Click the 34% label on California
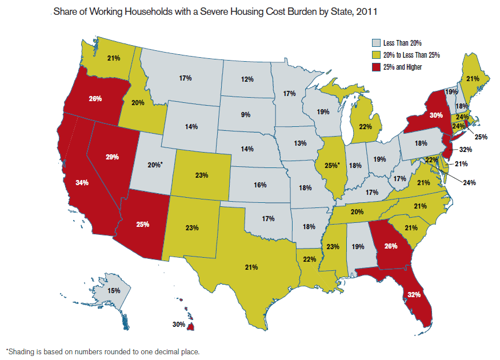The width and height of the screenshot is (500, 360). pos(81,183)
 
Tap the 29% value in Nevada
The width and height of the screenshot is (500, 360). pos(112,156)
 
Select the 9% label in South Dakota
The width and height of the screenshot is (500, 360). pos(246,115)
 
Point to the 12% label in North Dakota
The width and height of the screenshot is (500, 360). pos(247,79)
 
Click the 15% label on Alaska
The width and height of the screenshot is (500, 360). pos(114,291)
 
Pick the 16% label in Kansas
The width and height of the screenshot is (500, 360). pos(260,185)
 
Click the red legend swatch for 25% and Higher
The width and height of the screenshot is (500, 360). pos(376,67)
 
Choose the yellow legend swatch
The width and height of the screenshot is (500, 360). pos(376,55)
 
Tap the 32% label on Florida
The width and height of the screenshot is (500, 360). pos(414,295)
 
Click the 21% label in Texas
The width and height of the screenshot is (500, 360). pos(252,267)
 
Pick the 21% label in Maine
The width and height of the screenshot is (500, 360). pos(472,79)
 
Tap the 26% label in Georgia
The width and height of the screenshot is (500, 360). pos(390,247)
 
